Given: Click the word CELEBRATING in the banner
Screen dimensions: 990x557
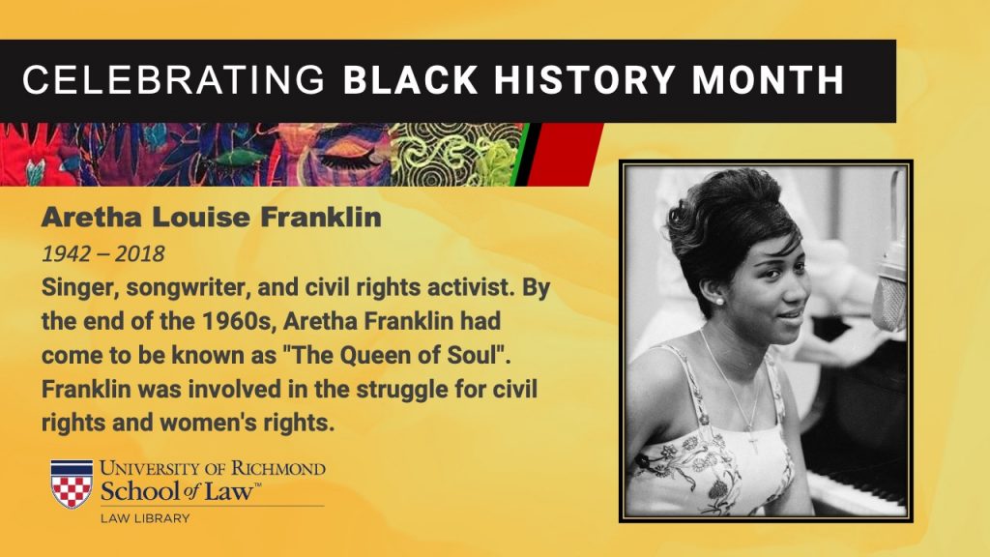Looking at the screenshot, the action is [x=174, y=80].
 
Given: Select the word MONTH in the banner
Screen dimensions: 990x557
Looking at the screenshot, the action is [x=768, y=80].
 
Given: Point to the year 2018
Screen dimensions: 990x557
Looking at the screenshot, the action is [x=139, y=254].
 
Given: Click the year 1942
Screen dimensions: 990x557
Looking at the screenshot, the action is [x=67, y=254].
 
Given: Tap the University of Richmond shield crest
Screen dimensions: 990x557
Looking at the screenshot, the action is [x=72, y=484].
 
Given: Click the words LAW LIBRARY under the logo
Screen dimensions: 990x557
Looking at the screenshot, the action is [x=145, y=518].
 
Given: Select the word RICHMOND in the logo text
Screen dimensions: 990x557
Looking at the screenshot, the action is [x=277, y=469].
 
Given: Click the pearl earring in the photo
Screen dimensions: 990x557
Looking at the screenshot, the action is [x=718, y=302].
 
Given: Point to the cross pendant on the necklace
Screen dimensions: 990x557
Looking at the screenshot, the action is [x=752, y=441].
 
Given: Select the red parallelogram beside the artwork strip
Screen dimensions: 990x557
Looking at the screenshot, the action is [x=565, y=155].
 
